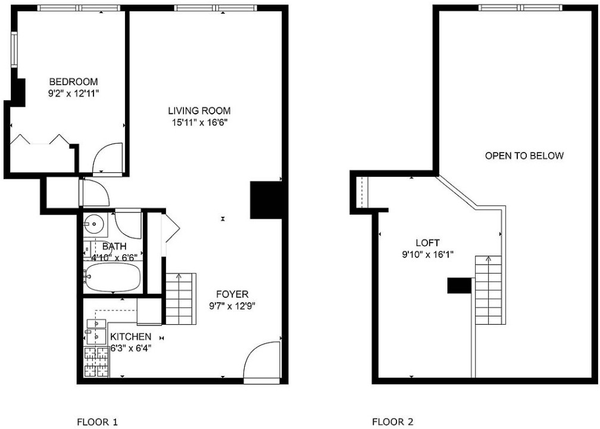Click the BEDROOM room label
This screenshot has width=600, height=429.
point(73,82)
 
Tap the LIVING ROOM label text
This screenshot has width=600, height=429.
point(199,111)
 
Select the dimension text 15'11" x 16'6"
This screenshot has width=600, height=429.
point(199,123)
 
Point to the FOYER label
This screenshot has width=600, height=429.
point(232,294)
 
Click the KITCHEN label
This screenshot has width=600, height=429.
point(131,337)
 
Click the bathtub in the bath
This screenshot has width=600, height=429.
point(113,276)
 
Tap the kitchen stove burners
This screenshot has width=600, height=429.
point(96,361)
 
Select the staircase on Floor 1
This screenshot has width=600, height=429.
point(180,299)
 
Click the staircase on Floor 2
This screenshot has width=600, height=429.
point(488,290)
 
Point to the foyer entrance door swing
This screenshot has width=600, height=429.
point(262,360)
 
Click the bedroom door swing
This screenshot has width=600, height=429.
point(108,158)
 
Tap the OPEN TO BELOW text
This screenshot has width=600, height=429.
point(524,156)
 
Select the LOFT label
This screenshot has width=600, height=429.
point(427,243)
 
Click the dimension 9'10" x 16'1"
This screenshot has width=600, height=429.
point(427,254)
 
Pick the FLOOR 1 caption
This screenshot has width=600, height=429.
point(98,422)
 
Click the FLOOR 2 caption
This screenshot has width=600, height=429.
point(393,422)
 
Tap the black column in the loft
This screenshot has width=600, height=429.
point(459,285)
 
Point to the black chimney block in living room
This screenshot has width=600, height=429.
point(266,200)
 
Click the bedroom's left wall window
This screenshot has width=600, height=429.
point(14,50)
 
